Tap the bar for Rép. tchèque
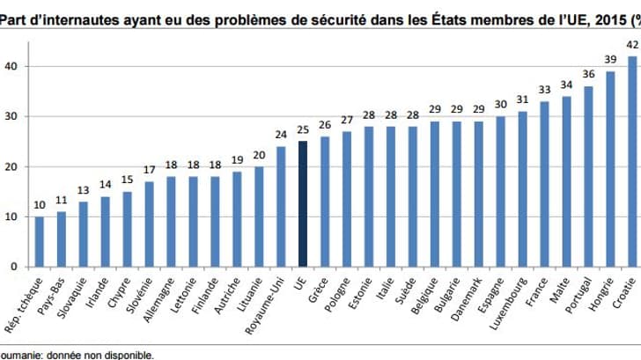[x=39, y=241]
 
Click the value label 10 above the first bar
[x=39, y=206]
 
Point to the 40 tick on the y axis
[x=9, y=67]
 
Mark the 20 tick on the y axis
[x=9, y=167]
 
